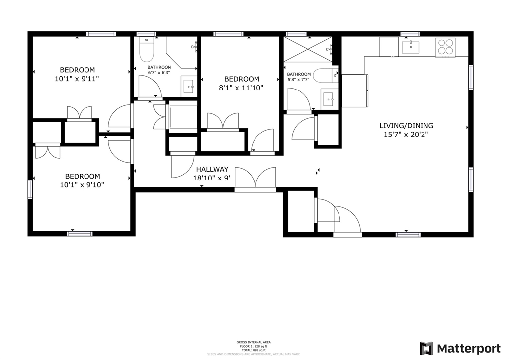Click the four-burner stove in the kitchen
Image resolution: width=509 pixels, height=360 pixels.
445,47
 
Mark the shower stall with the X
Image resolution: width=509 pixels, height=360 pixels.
307,49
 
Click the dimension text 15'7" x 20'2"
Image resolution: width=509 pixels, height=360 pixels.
406,134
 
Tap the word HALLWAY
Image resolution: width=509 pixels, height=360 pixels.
212,169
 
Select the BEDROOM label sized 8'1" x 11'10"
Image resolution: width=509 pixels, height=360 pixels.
242,79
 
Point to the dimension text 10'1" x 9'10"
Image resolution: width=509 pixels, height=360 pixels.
83,185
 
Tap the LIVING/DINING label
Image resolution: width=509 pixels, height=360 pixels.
406,125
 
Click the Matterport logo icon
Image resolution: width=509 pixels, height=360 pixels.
426,348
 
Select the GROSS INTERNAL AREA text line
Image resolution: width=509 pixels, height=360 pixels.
254,342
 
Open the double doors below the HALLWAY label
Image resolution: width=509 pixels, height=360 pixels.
255,179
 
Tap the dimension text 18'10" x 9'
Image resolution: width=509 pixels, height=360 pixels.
212,178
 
